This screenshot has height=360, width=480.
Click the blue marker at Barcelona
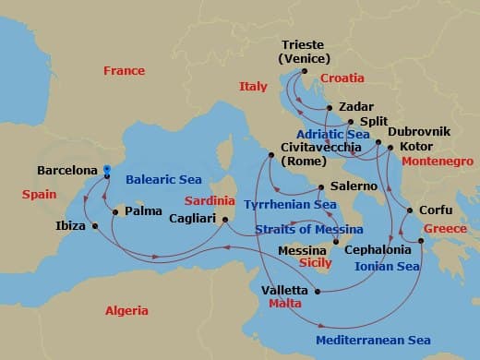pos(107,170)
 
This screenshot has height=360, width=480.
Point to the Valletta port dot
pos(318,293)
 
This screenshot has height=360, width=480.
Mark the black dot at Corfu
pos(410,210)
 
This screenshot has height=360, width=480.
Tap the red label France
pos(124,71)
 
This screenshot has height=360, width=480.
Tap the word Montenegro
pos(438,160)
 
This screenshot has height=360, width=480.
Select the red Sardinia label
pos(209,199)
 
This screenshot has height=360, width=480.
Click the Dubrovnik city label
pos(419,132)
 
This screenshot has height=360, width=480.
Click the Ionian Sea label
pos(388,266)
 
